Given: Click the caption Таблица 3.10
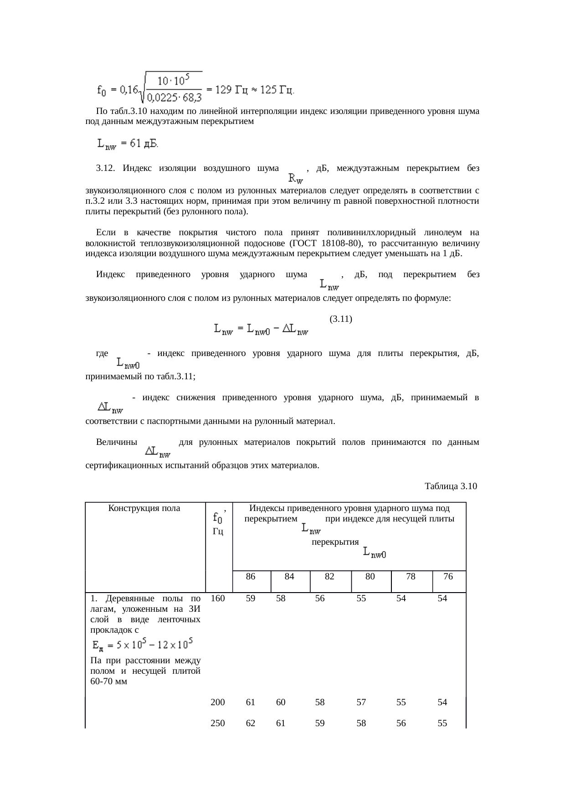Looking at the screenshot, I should tap(450, 486).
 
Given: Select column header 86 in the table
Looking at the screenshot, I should tap(250, 576).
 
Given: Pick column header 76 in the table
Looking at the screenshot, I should tap(448, 576).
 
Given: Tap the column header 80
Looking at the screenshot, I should tap(370, 576).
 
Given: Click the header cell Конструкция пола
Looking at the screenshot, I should tap(144, 508).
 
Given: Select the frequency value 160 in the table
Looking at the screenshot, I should tap(218, 598).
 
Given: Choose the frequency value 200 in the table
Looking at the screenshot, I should tap(218, 702).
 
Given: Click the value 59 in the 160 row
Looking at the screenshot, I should tap(250, 598).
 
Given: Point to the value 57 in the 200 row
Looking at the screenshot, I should tap(361, 702).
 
